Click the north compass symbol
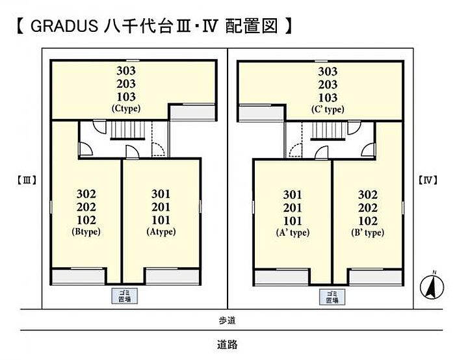[429, 287]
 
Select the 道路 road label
[227, 345]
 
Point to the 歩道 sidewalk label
[227, 320]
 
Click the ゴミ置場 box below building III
[122, 296]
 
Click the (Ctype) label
[126, 109]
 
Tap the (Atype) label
[161, 231]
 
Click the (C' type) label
[327, 109]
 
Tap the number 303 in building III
[126, 71]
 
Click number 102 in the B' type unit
[367, 220]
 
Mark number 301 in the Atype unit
[161, 194]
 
